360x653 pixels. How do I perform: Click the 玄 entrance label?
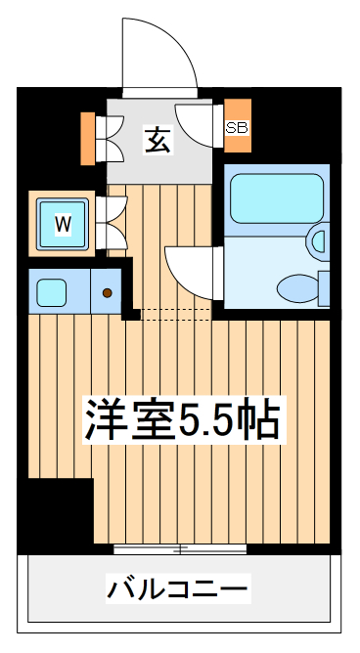pos(158,140)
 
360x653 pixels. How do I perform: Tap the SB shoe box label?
pos(237,126)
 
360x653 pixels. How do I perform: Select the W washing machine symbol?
pos(63,224)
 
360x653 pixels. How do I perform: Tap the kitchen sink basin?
pos(52,291)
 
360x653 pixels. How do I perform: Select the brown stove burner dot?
pos(107,291)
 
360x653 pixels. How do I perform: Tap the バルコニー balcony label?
pos(179,589)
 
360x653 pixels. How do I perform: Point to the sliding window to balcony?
pos(179,548)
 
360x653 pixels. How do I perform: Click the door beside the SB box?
pos(202,125)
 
